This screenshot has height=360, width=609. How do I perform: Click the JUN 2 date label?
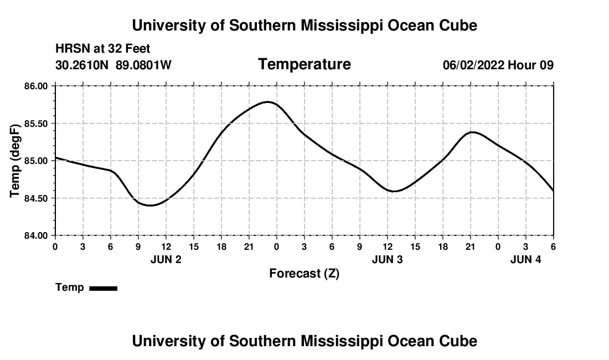pyautogui.click(x=166, y=259)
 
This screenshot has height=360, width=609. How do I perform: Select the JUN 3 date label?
pyautogui.click(x=388, y=259)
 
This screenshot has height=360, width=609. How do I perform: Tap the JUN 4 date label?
pyautogui.click(x=525, y=259)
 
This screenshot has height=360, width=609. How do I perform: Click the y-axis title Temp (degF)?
pyautogui.click(x=16, y=161)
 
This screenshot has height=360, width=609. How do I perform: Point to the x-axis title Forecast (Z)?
pyautogui.click(x=304, y=274)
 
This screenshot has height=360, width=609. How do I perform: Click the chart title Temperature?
pyautogui.click(x=304, y=64)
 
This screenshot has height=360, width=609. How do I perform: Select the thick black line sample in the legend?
pyautogui.click(x=103, y=288)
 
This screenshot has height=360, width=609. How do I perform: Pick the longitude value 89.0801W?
pyautogui.click(x=143, y=65)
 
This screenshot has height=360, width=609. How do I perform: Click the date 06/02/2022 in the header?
pyautogui.click(x=473, y=65)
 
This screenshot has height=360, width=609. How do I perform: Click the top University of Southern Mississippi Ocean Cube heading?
pyautogui.click(x=304, y=25)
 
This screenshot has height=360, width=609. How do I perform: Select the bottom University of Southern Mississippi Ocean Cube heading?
pyautogui.click(x=304, y=341)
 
